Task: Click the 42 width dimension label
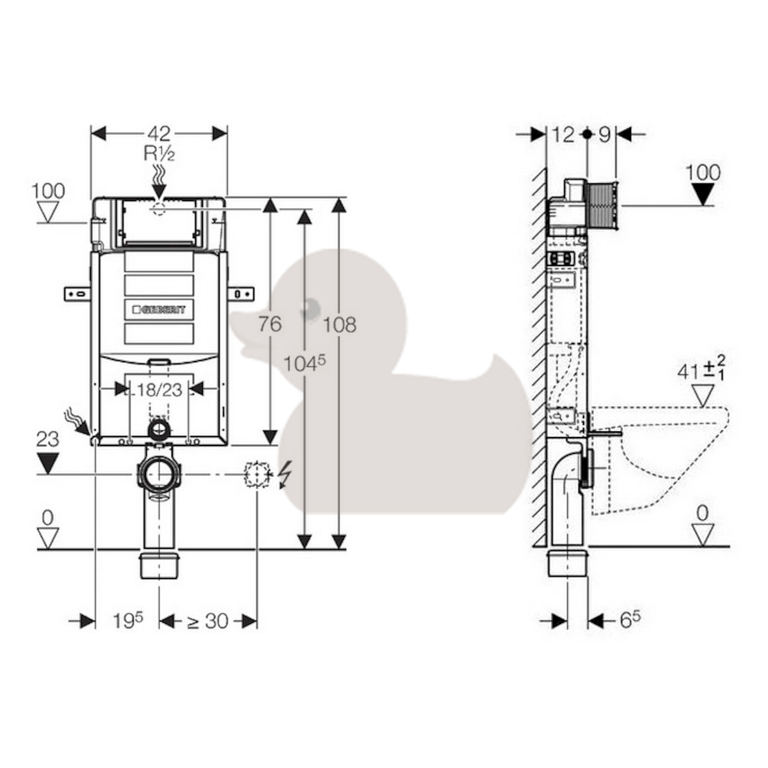tap(159, 134)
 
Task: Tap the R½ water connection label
tap(159, 154)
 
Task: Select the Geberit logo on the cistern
tap(159, 309)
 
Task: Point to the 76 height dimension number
tap(270, 324)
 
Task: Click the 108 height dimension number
tap(340, 325)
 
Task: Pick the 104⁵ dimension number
tap(305, 363)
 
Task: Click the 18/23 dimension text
tap(159, 390)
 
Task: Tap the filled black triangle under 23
tap(48, 463)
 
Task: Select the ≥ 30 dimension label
tap(207, 621)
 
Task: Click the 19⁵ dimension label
tap(128, 621)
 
